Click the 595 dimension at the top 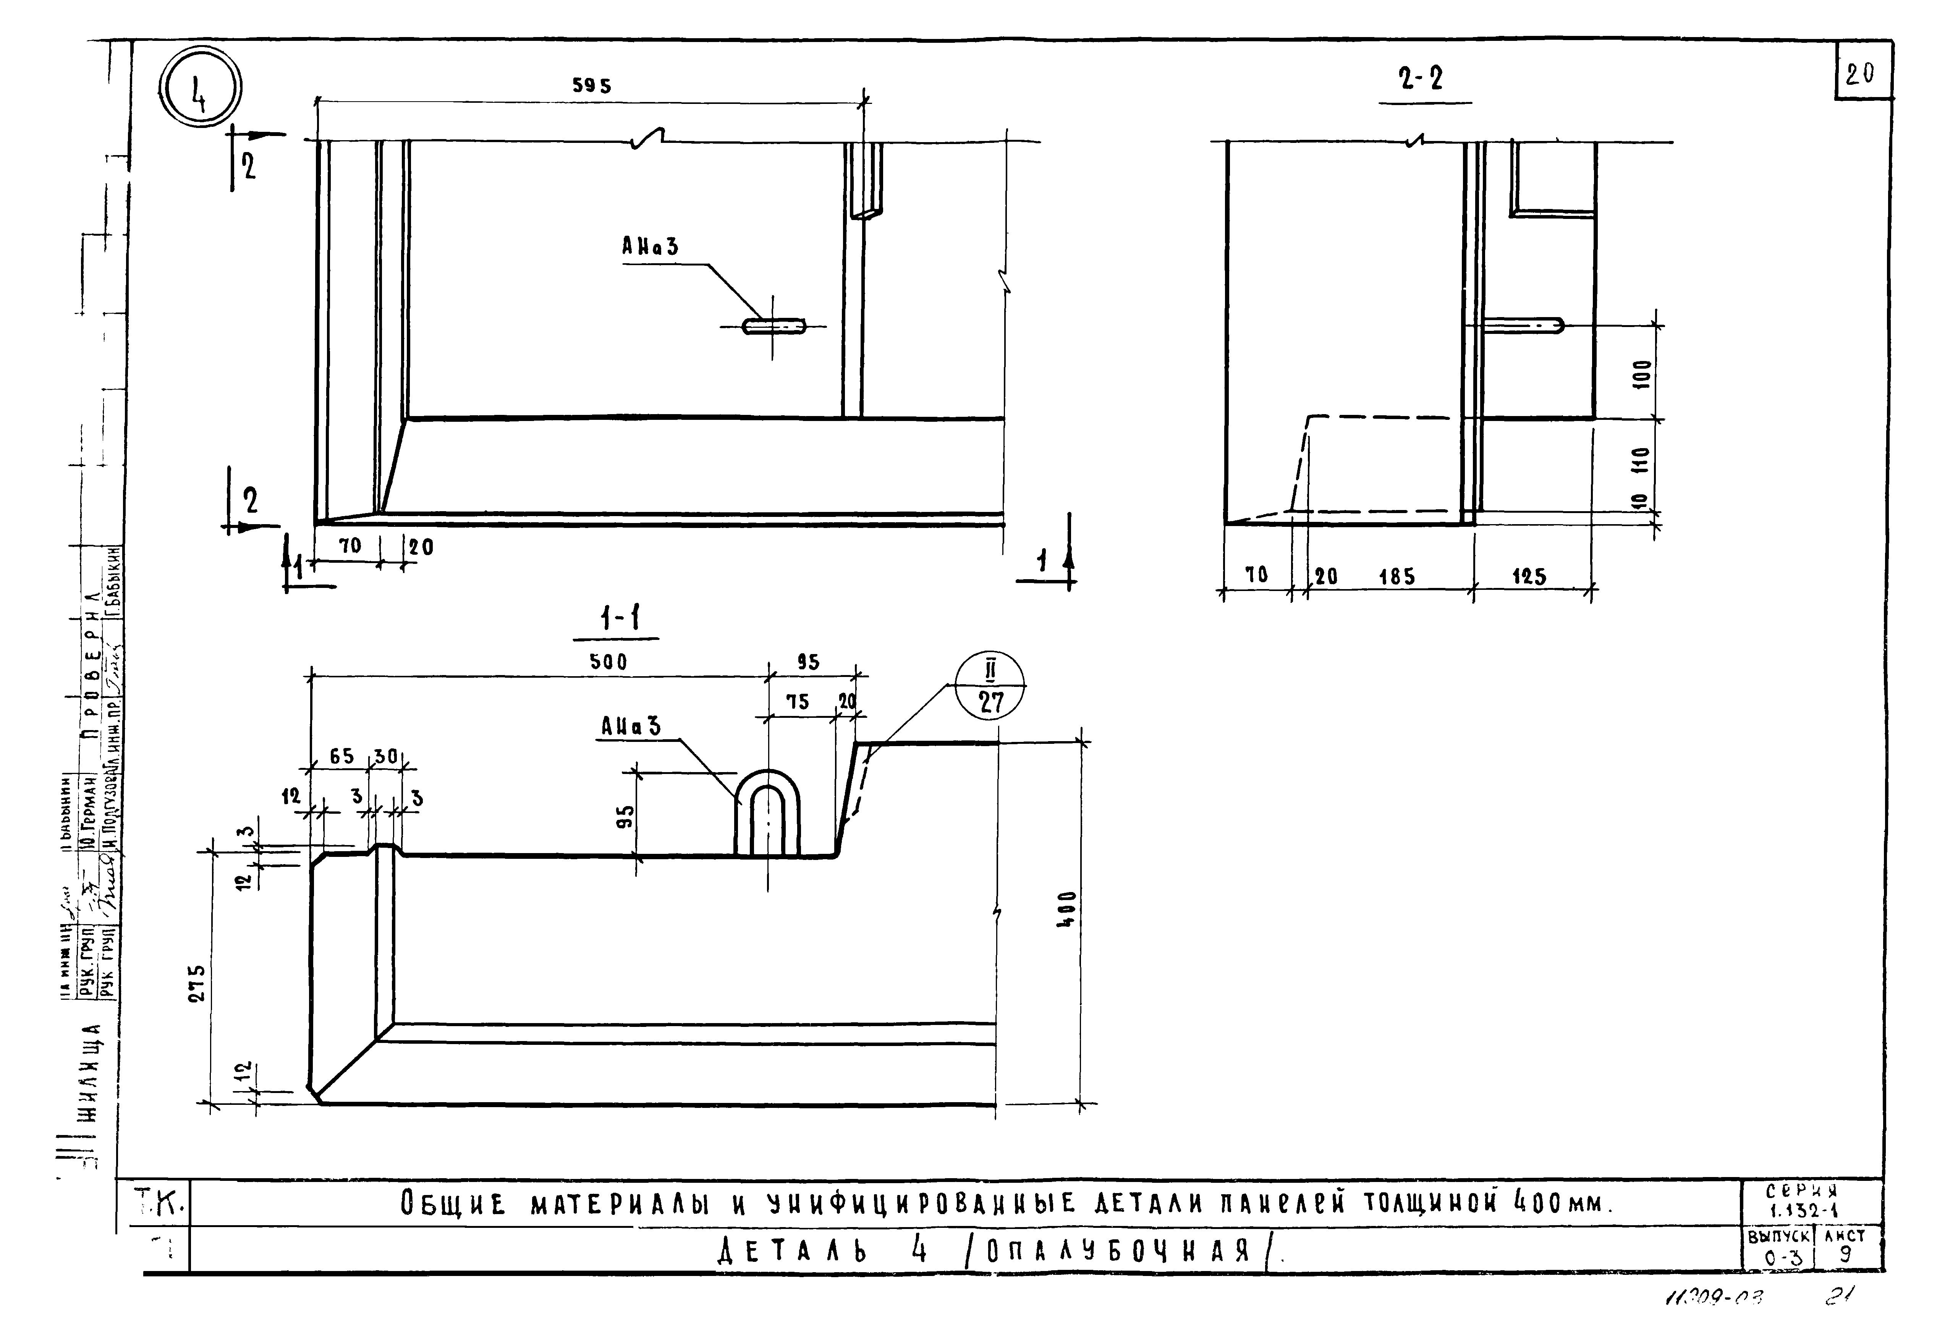[591, 86]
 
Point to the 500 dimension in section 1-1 [608, 662]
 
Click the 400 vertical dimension [1066, 910]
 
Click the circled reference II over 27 [991, 687]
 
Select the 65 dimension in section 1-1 [341, 756]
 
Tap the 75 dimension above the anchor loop [797, 702]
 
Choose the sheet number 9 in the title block [1845, 1253]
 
